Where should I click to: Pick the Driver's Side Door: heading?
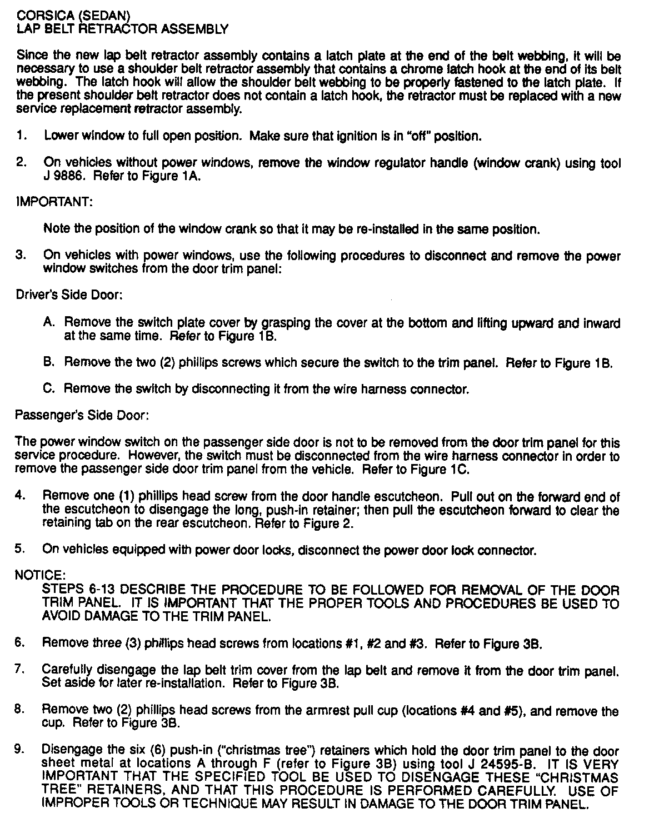coord(69,295)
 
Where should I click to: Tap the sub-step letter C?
coord(48,389)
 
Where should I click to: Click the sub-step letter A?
coord(48,322)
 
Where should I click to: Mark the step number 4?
coord(20,495)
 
